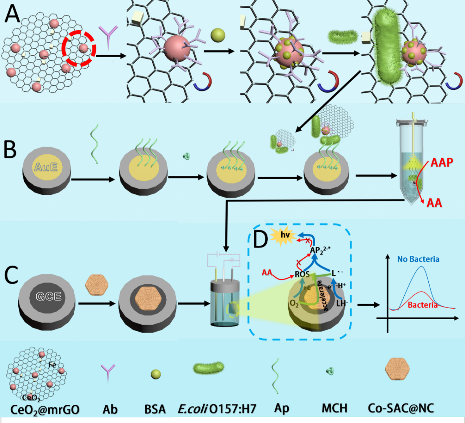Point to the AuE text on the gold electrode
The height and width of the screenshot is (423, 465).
click(46, 167)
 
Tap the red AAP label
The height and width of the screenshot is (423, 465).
click(442, 163)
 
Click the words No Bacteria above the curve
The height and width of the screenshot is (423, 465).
click(418, 259)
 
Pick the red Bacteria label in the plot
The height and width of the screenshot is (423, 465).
click(423, 305)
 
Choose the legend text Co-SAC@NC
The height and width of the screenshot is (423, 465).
click(401, 408)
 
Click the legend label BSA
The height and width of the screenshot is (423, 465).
click(155, 409)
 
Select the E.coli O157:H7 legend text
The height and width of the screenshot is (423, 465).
click(217, 409)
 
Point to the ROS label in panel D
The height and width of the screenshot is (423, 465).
click(302, 274)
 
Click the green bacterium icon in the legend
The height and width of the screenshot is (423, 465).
click(209, 368)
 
